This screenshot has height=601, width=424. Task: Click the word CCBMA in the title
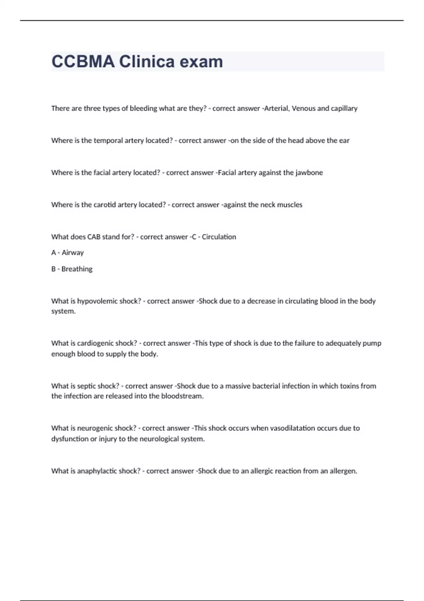pos(83,62)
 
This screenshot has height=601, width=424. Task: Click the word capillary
pos(344,108)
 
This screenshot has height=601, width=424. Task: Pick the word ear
pos(344,140)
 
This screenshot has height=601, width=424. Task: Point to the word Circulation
pos(219,237)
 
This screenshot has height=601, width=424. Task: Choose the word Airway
pos(73,253)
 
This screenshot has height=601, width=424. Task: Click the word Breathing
pos(77,269)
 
